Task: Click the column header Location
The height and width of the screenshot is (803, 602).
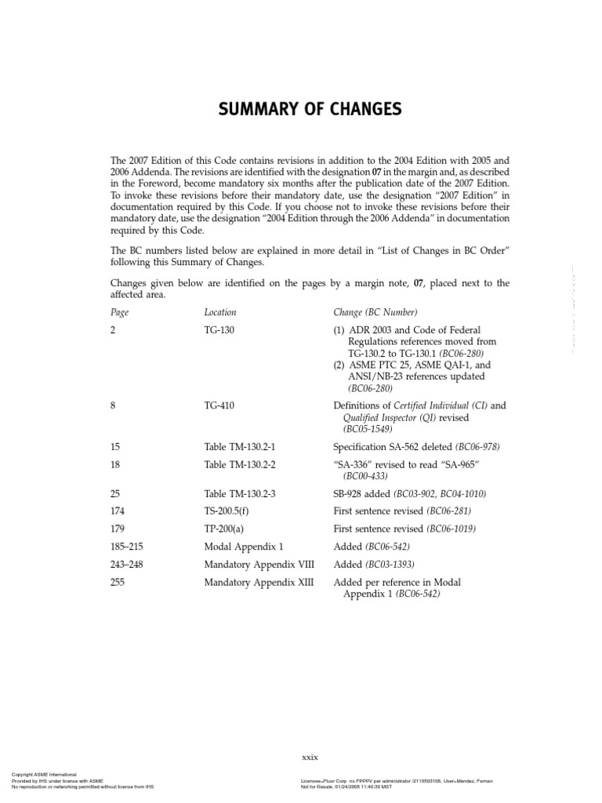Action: pyautogui.click(x=219, y=312)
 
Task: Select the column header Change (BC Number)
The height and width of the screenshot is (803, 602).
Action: pyautogui.click(x=375, y=312)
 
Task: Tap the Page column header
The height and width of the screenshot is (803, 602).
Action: pyautogui.click(x=119, y=312)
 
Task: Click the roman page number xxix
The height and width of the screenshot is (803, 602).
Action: pyautogui.click(x=310, y=757)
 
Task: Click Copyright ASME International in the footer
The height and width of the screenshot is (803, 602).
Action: pyautogui.click(x=44, y=774)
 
